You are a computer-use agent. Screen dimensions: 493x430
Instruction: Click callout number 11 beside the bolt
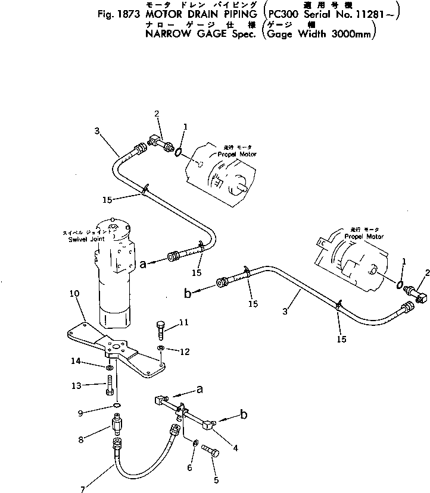184,322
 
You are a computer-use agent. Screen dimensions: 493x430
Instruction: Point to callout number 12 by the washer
184,351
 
